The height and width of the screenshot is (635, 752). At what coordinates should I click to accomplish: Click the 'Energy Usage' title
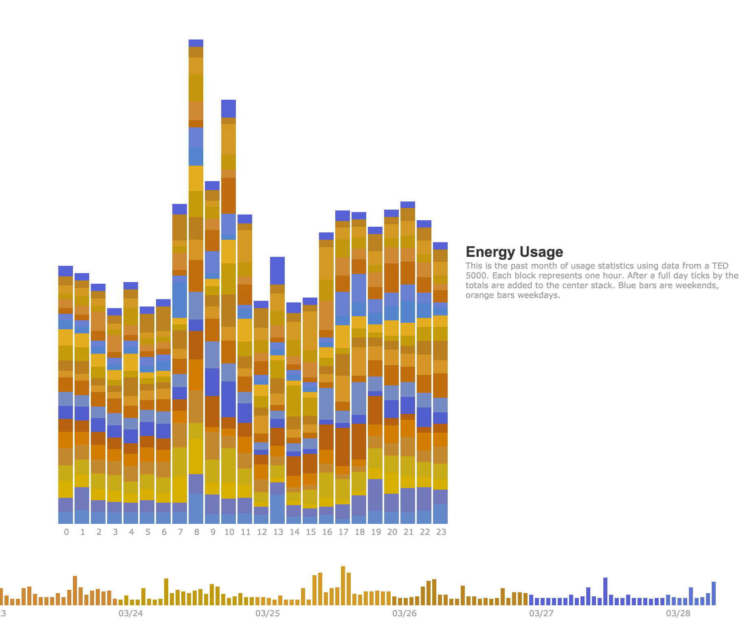(x=514, y=252)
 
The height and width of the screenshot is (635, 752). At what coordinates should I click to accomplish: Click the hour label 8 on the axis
(x=197, y=532)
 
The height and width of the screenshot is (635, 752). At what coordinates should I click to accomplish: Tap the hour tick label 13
(x=278, y=532)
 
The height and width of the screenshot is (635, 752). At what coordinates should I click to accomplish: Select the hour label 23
(x=441, y=532)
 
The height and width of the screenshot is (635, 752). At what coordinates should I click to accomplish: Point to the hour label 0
(x=66, y=532)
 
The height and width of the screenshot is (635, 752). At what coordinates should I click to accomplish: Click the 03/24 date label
(x=131, y=613)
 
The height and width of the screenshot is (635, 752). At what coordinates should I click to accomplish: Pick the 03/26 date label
(x=405, y=613)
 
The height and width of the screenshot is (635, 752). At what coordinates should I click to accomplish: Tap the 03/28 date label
(x=678, y=613)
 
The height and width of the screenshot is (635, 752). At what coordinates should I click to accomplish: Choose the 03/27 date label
(x=541, y=613)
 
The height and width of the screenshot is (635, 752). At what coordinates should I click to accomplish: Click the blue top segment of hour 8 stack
(x=196, y=43)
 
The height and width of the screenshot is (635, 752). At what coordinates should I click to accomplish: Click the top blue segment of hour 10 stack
(x=229, y=109)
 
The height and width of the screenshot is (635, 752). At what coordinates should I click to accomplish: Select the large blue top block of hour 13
(x=277, y=271)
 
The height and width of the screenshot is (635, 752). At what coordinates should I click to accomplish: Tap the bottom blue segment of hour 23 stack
(x=440, y=514)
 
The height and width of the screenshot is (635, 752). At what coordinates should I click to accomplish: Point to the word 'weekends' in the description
(x=697, y=285)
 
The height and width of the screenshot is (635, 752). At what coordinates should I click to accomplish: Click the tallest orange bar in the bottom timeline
(x=343, y=585)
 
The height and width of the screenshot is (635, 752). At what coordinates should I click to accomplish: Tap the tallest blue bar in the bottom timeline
(x=605, y=591)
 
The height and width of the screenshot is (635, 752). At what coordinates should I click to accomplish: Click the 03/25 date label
(x=268, y=613)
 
